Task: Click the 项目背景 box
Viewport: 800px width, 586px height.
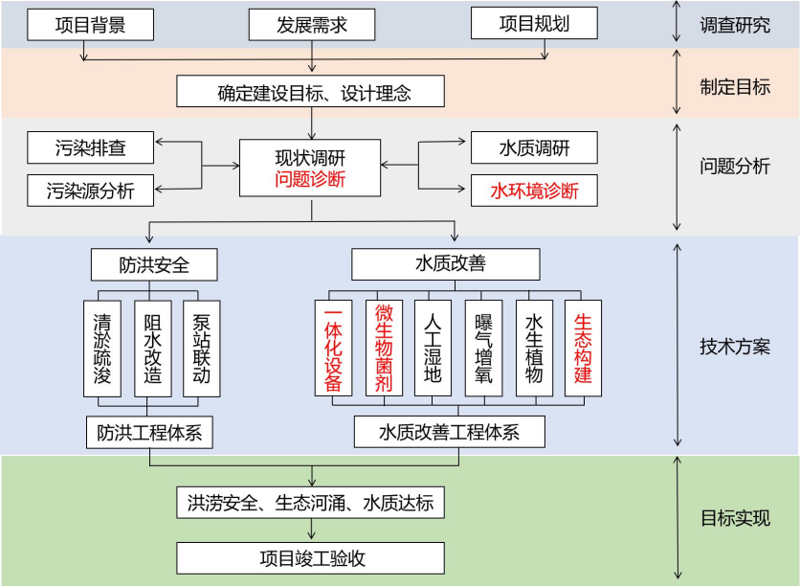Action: coord(90,24)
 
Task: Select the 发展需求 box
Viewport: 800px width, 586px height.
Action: coord(312,24)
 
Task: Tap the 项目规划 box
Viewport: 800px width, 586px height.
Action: coord(534,24)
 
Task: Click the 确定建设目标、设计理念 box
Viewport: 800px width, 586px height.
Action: coord(312,93)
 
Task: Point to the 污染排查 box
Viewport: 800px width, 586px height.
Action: coord(90,148)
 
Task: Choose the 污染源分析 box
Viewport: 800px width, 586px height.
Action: coord(90,190)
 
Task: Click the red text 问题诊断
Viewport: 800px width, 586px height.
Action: coord(310,179)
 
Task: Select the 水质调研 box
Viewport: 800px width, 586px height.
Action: coord(534,148)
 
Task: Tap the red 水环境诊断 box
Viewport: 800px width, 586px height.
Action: coord(534,190)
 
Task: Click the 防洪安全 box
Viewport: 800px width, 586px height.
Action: coord(154,263)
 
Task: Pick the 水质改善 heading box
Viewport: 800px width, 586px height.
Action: coord(447,263)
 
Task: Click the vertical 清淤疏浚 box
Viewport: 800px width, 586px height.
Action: coord(102,349)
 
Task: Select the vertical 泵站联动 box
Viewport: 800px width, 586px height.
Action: coord(202,349)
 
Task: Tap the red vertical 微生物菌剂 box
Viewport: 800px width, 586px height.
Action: coord(384,349)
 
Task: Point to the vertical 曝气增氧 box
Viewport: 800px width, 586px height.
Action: coord(483,349)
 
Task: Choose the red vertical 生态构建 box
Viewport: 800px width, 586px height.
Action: coord(583,349)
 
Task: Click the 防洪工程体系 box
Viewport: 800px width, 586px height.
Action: coord(149,432)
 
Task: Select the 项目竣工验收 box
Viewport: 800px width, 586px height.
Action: coord(312,557)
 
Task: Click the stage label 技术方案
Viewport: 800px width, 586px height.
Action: coord(735,347)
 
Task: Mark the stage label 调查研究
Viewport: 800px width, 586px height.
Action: coord(735,25)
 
